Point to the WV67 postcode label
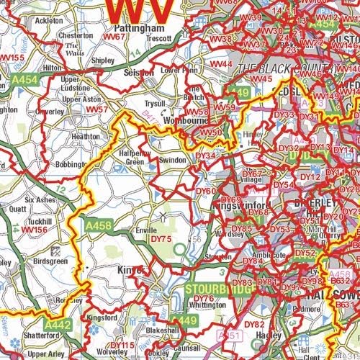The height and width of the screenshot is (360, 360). [115, 35]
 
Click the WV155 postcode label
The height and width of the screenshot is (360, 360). [12, 58]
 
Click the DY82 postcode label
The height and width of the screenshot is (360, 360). [255, 324]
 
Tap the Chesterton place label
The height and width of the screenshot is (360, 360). [76, 35]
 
